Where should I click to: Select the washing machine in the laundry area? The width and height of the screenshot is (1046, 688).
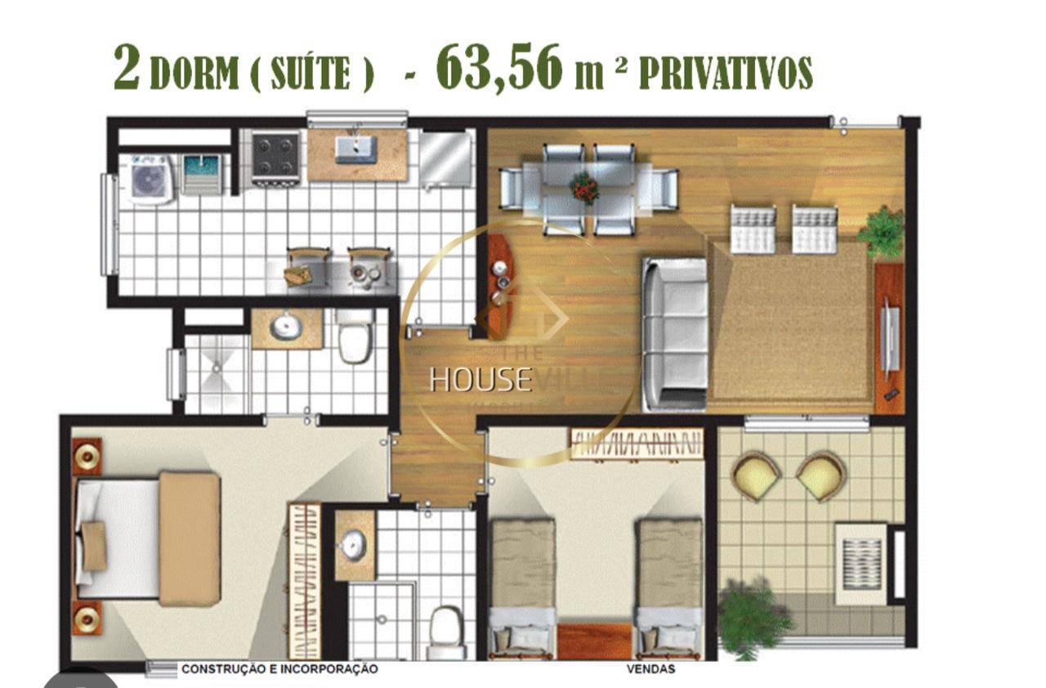click(x=151, y=178)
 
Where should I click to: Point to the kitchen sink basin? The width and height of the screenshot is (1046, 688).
click(x=357, y=149)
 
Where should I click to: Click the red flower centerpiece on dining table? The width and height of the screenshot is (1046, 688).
click(x=584, y=188)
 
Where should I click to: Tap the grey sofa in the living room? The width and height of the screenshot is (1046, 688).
click(x=674, y=333)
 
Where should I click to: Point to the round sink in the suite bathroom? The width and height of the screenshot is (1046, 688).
click(x=354, y=545)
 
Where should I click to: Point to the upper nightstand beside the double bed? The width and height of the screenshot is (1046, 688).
click(x=87, y=456)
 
